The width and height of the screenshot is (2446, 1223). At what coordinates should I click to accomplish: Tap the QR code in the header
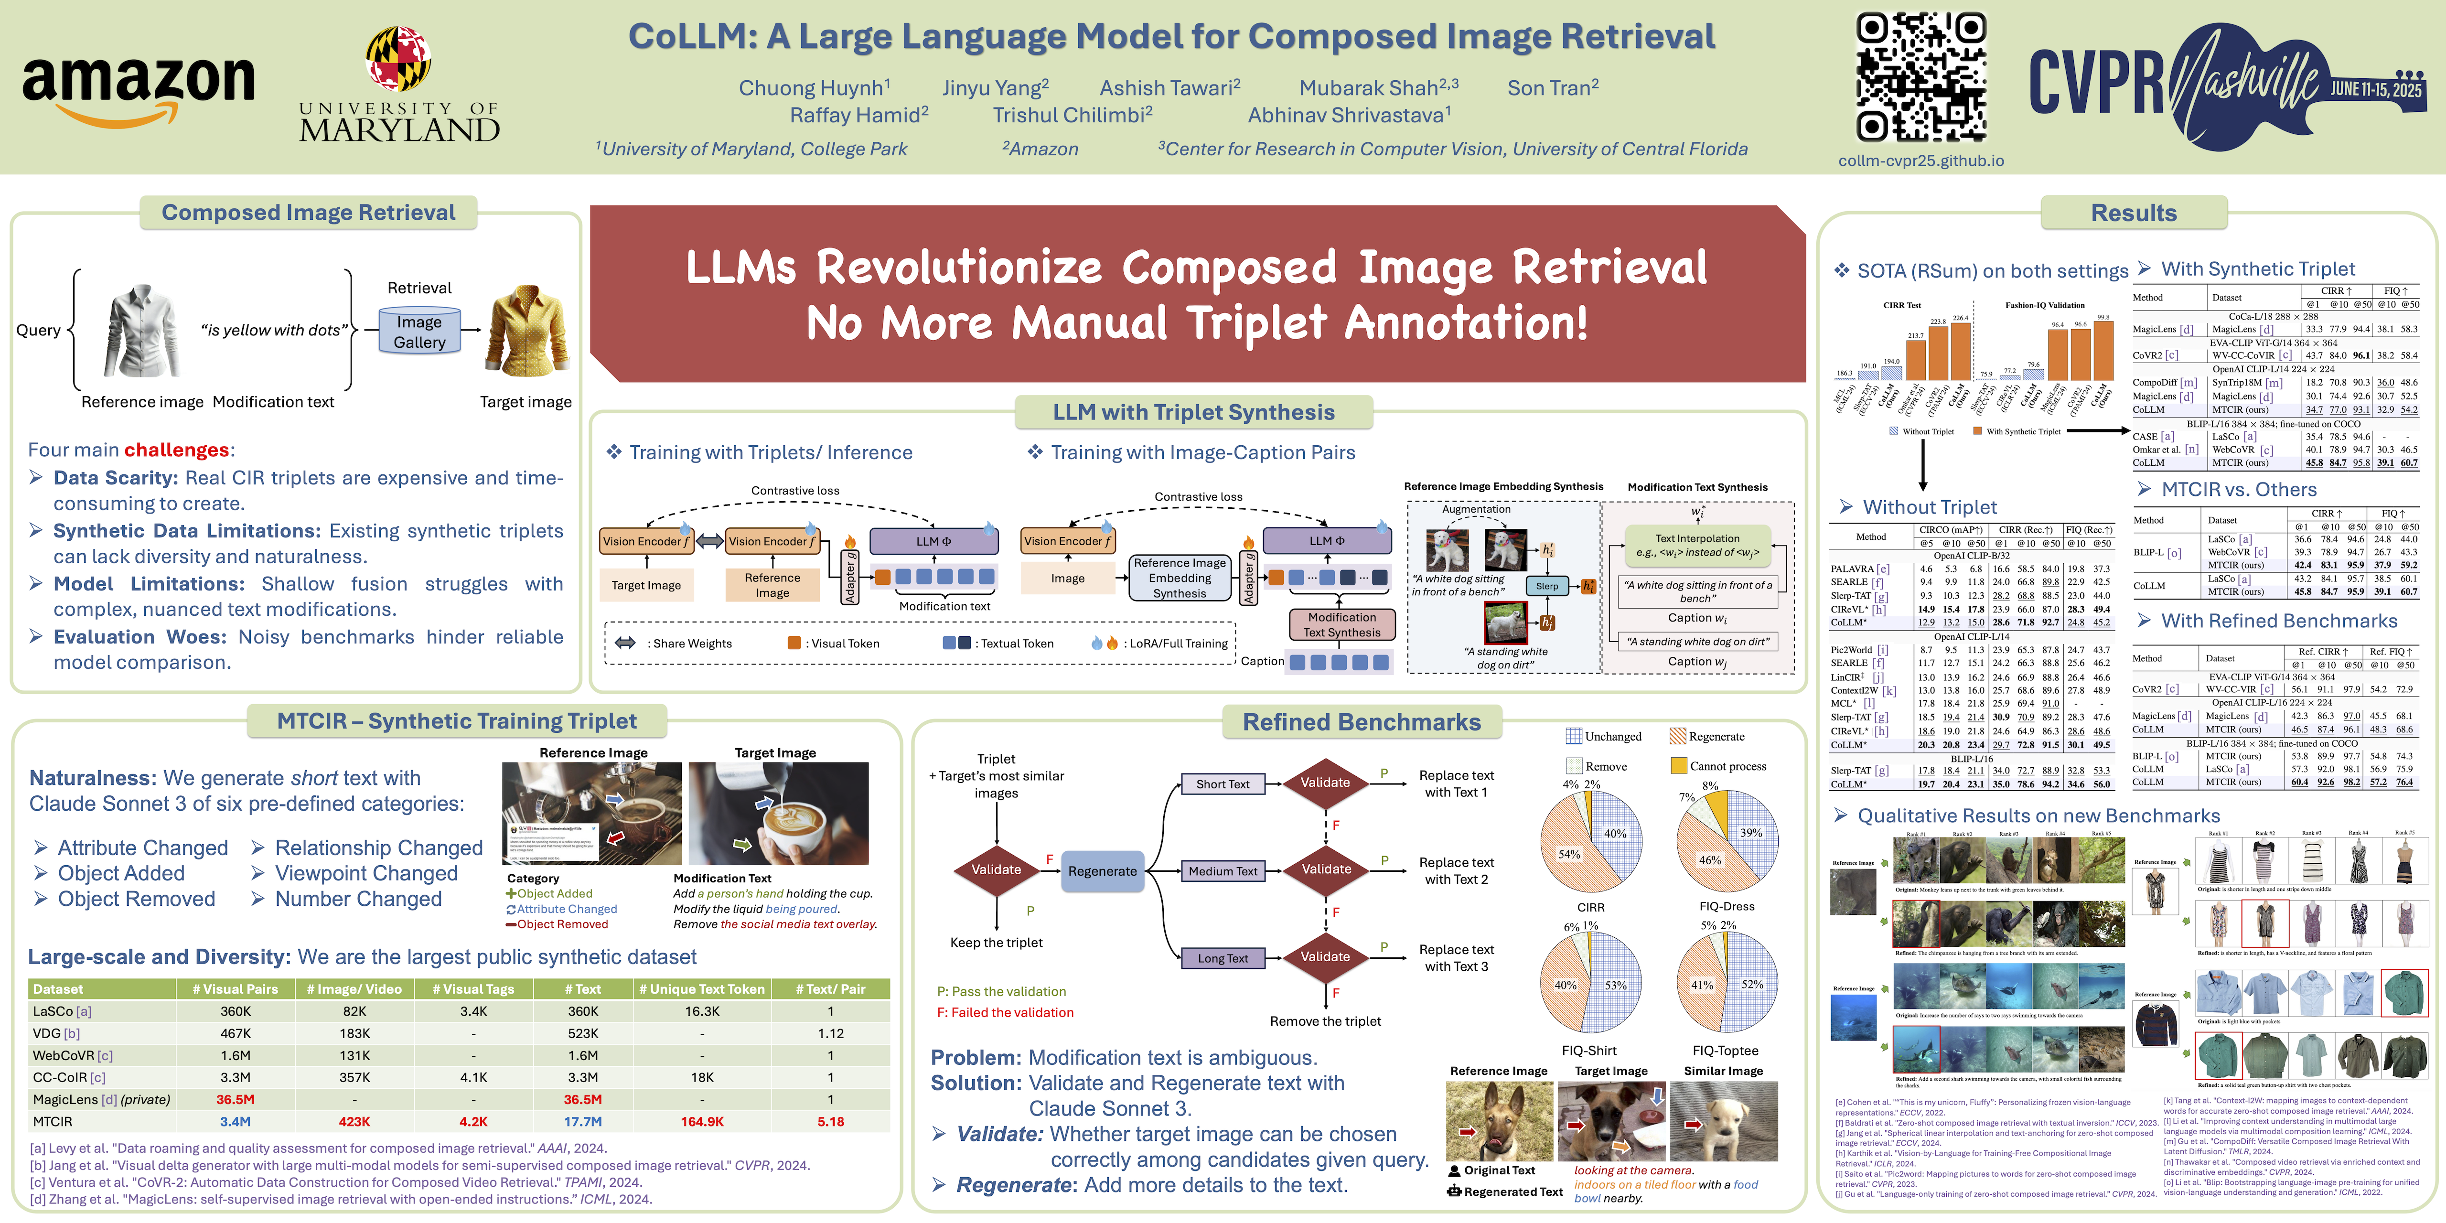(x=1921, y=76)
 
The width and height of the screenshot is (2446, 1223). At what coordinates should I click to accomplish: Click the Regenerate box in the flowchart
(x=1102, y=871)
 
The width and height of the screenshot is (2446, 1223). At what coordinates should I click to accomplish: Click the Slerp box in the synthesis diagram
(x=1547, y=586)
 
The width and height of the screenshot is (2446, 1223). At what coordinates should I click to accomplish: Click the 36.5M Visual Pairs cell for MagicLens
(x=236, y=1100)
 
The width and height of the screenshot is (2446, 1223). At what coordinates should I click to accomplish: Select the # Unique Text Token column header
(x=702, y=988)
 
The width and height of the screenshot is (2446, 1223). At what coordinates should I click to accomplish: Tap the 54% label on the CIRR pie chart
(x=1568, y=854)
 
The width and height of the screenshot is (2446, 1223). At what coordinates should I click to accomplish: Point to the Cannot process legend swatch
(x=1679, y=765)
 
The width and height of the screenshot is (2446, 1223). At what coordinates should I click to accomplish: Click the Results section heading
(x=2134, y=213)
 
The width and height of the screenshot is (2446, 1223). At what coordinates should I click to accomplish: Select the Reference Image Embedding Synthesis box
(x=1180, y=577)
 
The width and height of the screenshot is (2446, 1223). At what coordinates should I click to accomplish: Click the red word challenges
(x=177, y=450)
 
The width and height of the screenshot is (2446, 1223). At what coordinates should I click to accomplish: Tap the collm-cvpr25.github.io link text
(x=1921, y=161)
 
